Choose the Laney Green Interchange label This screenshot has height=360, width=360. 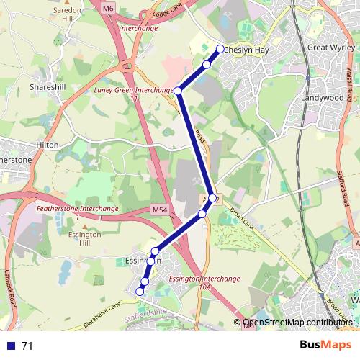(133, 91)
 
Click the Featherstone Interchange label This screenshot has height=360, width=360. (76, 209)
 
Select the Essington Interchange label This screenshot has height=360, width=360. (203, 277)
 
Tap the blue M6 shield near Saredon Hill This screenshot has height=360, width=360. (108, 8)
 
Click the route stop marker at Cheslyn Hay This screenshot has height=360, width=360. (220, 49)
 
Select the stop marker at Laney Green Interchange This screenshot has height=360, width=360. (177, 91)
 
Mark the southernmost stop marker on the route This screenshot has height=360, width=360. (140, 291)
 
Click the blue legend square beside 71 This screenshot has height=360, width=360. (9, 346)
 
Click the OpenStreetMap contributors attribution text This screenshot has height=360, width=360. (297, 323)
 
